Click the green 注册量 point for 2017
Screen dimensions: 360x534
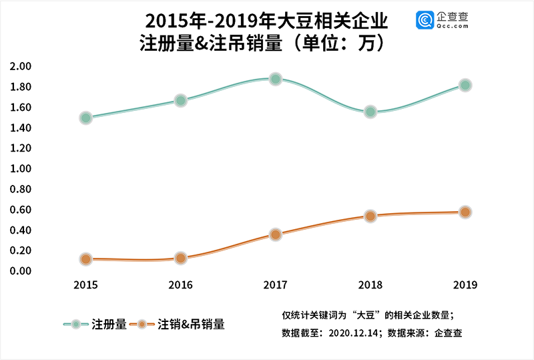(x=276, y=79)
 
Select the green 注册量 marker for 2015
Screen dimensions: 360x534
(x=85, y=118)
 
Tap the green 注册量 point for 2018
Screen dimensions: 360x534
(x=370, y=112)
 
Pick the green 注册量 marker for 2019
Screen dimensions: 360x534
(x=465, y=85)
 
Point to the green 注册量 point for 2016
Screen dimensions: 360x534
(x=180, y=100)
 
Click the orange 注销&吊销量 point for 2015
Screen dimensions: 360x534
(x=85, y=259)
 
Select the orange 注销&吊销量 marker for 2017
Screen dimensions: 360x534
(x=276, y=234)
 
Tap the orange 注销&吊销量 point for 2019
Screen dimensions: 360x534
(x=465, y=212)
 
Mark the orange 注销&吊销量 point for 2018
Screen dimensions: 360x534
(x=370, y=216)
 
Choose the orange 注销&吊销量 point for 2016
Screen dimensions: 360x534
(x=180, y=258)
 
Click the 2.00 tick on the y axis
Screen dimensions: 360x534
(x=21, y=67)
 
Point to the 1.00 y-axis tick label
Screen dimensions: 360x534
(x=21, y=169)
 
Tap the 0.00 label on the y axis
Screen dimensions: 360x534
(x=21, y=271)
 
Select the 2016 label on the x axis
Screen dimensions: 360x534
(x=180, y=285)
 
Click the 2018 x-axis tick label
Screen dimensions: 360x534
(x=370, y=285)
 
